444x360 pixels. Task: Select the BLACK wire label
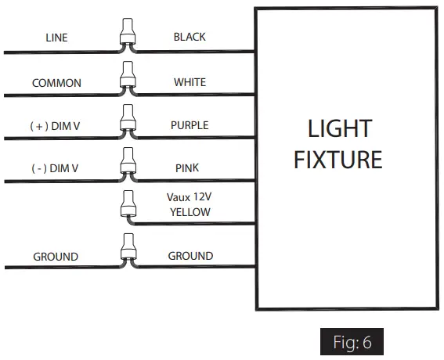pos(190,37)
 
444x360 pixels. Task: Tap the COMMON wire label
pos(56,83)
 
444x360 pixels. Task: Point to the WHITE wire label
pos(190,82)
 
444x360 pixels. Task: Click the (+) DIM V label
pos(55,126)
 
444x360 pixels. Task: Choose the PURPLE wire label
pos(190,125)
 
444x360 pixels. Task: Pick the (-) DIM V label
pos(55,168)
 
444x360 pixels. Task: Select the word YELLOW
pos(190,212)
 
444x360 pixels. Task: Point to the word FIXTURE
pos(338,160)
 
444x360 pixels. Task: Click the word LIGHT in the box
pos(338,128)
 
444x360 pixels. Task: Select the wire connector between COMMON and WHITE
pos(124,79)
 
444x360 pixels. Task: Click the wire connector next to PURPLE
pos(124,122)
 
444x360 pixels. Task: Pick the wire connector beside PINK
pos(124,165)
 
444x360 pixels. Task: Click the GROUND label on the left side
pos(56,257)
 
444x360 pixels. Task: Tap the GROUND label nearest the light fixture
pos(190,256)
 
